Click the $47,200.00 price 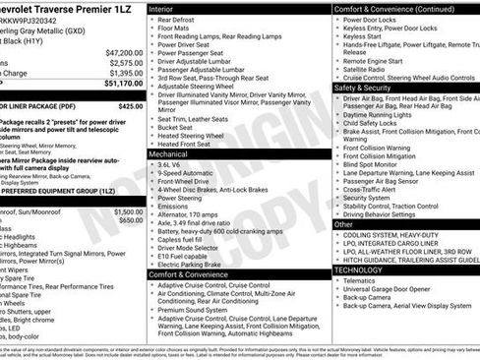pyautogui.click(x=124, y=51)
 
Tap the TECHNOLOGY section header pyautogui.click(x=358, y=269)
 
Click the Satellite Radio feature pyautogui.click(x=368, y=68)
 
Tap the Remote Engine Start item pyautogui.click(x=376, y=59)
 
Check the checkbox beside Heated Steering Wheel pyautogui.click(x=150, y=136)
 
